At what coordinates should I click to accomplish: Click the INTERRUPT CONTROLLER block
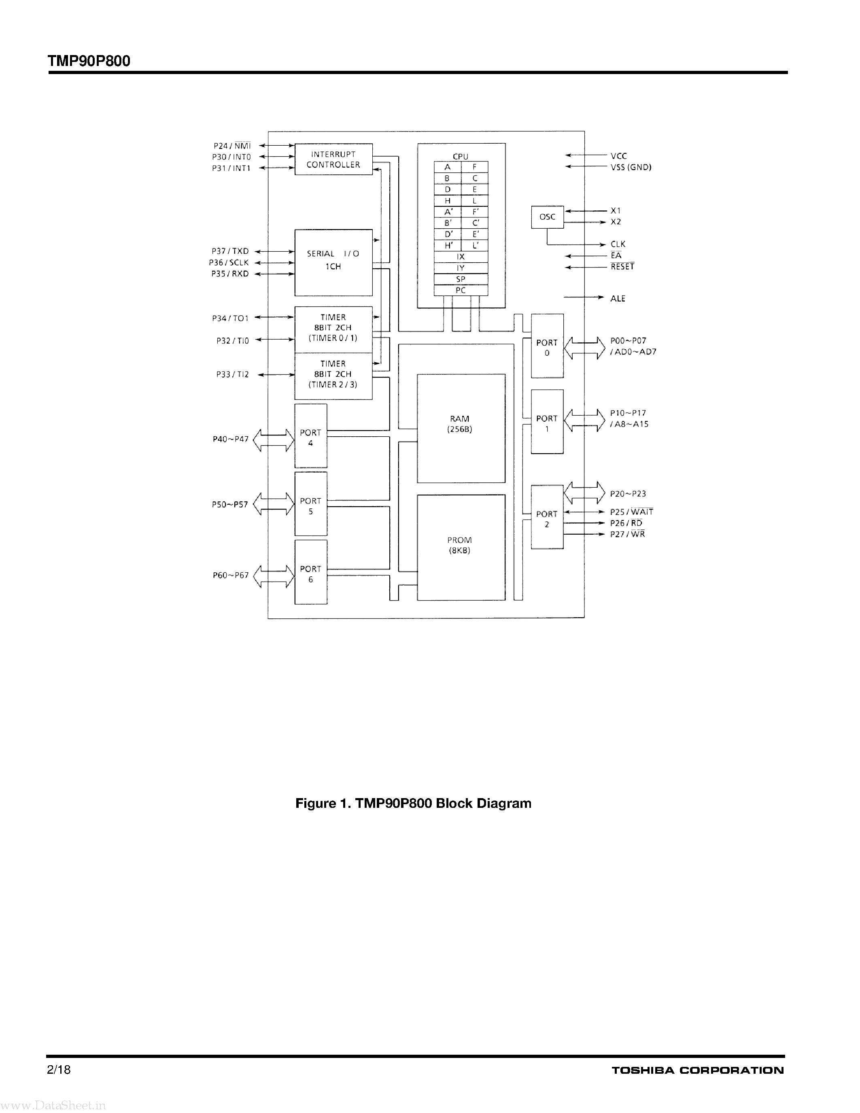point(333,159)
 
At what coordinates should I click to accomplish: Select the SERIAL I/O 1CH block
point(333,262)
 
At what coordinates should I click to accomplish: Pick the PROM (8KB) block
point(461,547)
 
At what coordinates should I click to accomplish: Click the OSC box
point(547,217)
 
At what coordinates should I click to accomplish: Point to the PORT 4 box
point(311,436)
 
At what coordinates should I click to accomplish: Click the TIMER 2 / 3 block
point(333,376)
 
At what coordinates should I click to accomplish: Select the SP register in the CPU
point(461,279)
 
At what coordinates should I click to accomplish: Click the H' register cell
point(448,246)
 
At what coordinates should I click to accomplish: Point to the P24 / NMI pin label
point(232,146)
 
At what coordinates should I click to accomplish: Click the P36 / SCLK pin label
point(229,262)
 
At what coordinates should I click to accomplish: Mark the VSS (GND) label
point(631,167)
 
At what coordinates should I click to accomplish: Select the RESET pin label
point(622,267)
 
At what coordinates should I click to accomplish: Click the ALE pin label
point(618,299)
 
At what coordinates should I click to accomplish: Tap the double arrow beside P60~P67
point(274,576)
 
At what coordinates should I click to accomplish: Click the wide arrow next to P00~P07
point(584,348)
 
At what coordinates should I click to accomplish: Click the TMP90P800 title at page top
point(89,61)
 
